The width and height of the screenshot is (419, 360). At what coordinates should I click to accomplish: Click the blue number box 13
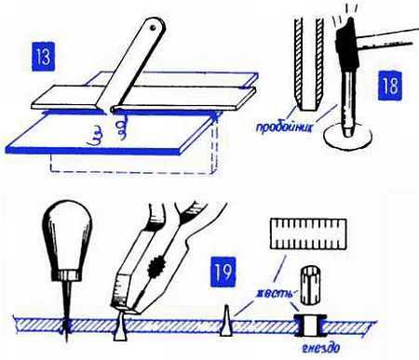pyautogui.click(x=43, y=57)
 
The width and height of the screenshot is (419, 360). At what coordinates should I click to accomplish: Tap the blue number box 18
pyautogui.click(x=390, y=86)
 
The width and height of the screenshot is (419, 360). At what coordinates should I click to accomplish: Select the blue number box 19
pyautogui.click(x=223, y=272)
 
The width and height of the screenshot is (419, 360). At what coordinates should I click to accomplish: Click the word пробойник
pyautogui.click(x=284, y=127)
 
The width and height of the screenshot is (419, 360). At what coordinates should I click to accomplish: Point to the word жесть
pyautogui.click(x=275, y=293)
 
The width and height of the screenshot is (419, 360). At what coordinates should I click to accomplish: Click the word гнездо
pyautogui.click(x=321, y=348)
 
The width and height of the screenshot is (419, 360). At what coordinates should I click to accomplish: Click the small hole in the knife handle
pyautogui.click(x=153, y=28)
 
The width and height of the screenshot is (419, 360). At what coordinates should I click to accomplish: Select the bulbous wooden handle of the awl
pyautogui.click(x=67, y=236)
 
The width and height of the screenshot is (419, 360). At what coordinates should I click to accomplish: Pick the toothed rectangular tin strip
pyautogui.click(x=308, y=233)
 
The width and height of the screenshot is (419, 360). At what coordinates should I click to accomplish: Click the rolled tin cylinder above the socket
pyautogui.click(x=310, y=285)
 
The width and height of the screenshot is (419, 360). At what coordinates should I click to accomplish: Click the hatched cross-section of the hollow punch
pyautogui.click(x=307, y=64)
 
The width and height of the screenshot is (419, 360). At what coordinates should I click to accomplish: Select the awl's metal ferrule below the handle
pyautogui.click(x=66, y=274)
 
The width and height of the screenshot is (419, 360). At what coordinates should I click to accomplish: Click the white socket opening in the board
pyautogui.click(x=309, y=326)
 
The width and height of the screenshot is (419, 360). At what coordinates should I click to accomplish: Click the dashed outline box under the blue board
pyautogui.click(x=134, y=156)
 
